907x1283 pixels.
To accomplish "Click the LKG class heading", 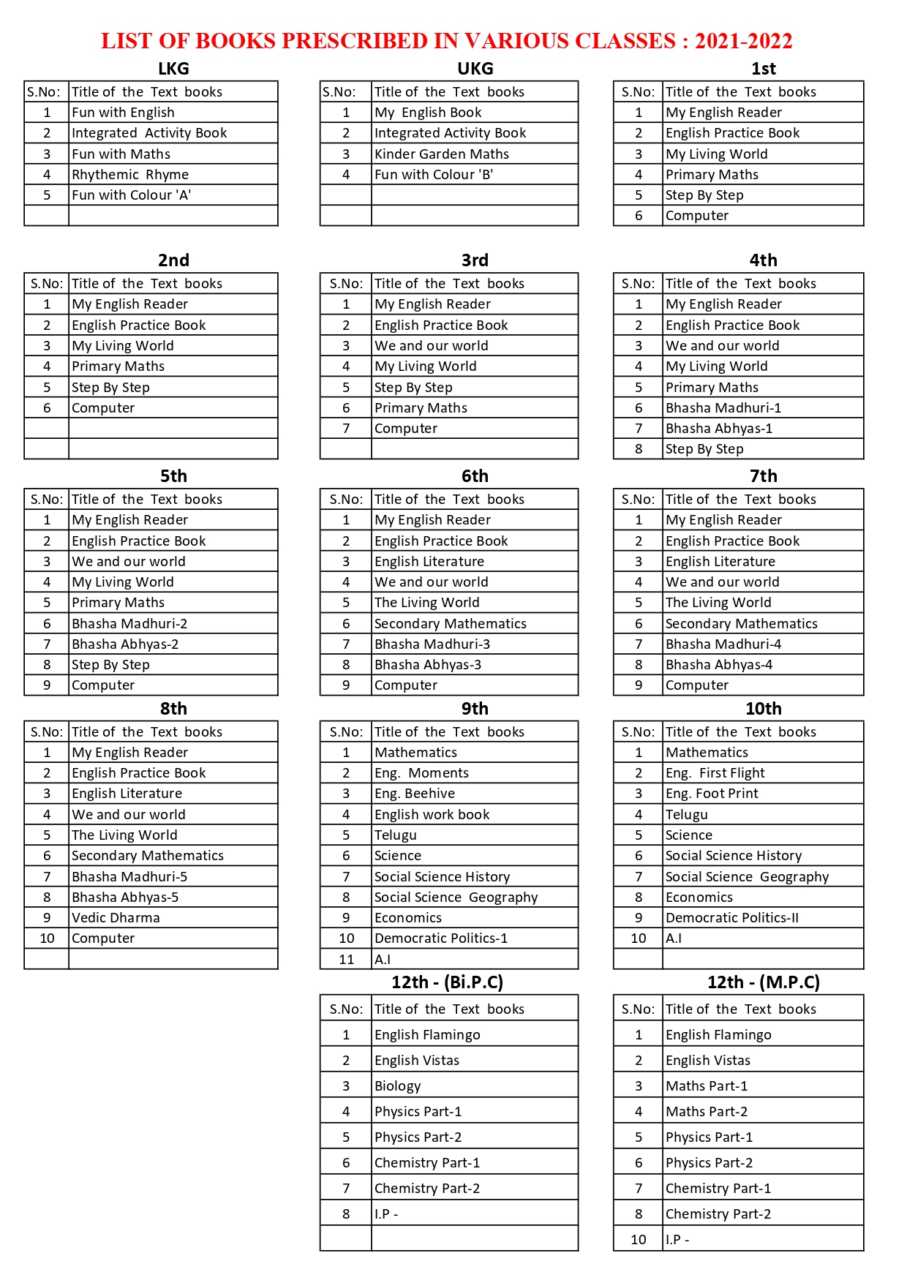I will click(173, 69).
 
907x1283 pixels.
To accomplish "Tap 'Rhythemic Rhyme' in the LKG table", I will click(130, 175).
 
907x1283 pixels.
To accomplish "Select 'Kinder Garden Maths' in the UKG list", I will click(441, 154).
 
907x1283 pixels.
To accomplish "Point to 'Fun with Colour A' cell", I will click(131, 195).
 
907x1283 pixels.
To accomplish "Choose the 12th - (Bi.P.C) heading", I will click(447, 982).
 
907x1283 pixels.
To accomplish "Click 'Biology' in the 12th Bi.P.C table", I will click(397, 1086).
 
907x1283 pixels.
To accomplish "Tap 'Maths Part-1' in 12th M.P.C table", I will click(706, 1086).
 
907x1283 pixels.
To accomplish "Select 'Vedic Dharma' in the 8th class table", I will click(116, 918).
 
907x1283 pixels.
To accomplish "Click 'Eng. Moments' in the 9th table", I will click(421, 773).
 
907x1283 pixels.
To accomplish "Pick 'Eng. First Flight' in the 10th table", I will click(715, 773).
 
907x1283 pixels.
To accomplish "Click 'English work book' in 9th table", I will click(432, 815).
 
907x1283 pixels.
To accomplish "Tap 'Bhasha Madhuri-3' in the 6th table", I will click(432, 644).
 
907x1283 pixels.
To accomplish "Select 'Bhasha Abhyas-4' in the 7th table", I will click(718, 665).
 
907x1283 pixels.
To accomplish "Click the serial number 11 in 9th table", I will click(346, 960).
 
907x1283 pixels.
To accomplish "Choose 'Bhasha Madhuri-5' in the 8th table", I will click(129, 877).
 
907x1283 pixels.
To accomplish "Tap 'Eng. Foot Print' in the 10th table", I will click(711, 794).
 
